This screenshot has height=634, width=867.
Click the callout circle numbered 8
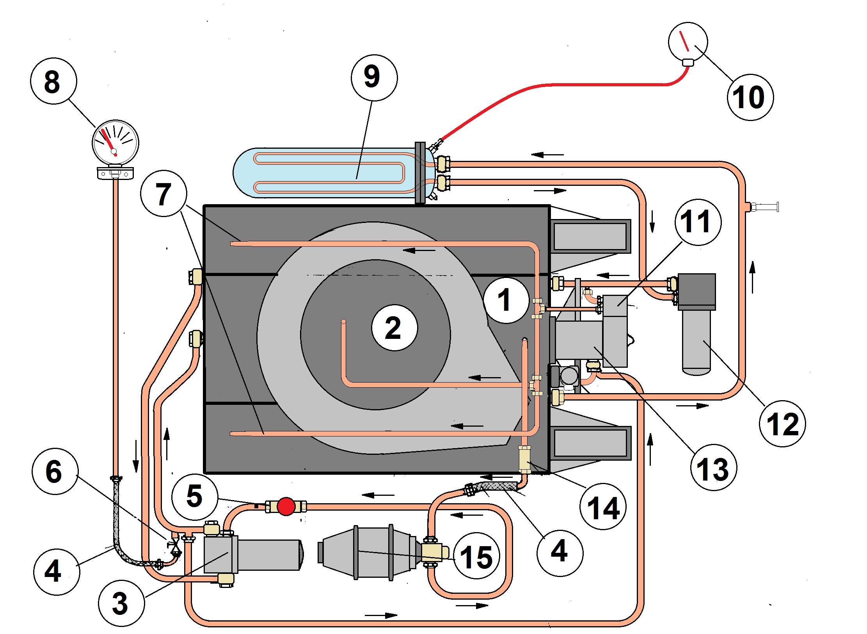coord(53,82)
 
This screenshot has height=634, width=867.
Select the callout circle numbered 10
coord(750,97)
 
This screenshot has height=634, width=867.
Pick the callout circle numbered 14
coord(603,507)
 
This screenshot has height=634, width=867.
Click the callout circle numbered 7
coord(164,193)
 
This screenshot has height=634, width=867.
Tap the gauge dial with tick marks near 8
coord(115,142)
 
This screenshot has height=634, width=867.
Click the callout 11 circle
coord(698,222)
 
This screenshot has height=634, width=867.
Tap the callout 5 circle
coord(194,497)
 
